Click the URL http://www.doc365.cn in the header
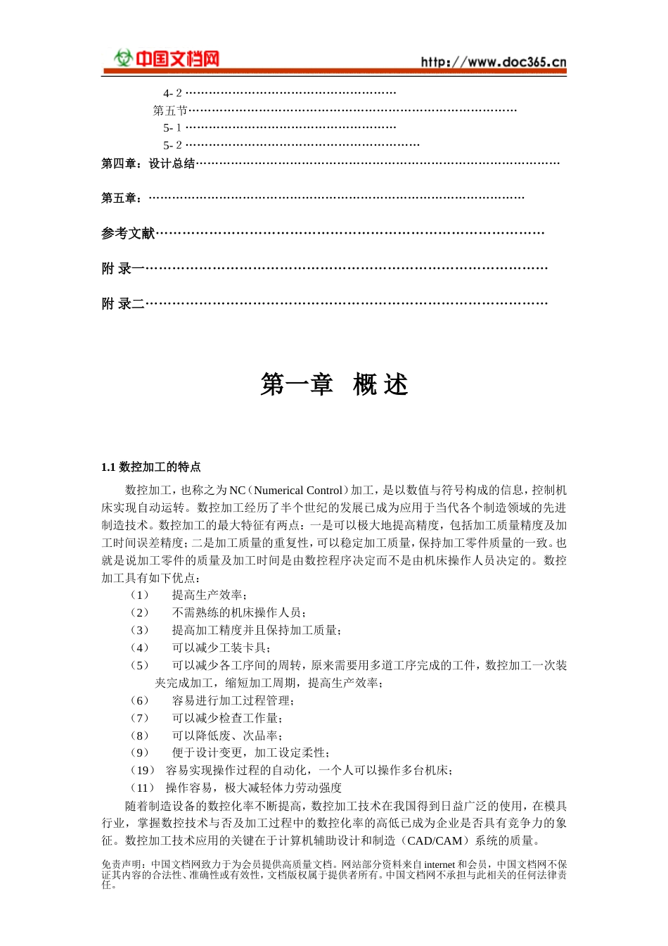click(494, 62)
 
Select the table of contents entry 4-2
click(172, 93)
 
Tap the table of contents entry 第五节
click(170, 111)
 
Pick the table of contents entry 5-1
click(172, 128)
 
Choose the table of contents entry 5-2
click(172, 146)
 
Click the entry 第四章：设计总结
click(148, 164)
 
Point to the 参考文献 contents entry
click(128, 233)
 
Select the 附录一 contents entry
click(123, 268)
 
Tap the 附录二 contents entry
click(123, 303)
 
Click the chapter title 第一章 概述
click(334, 385)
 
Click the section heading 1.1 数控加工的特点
click(151, 467)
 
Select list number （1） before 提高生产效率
click(139, 595)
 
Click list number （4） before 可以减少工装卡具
click(139, 648)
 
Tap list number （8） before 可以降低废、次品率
click(139, 736)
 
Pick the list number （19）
click(142, 771)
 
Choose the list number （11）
click(142, 788)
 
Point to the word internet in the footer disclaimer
click(439, 864)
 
